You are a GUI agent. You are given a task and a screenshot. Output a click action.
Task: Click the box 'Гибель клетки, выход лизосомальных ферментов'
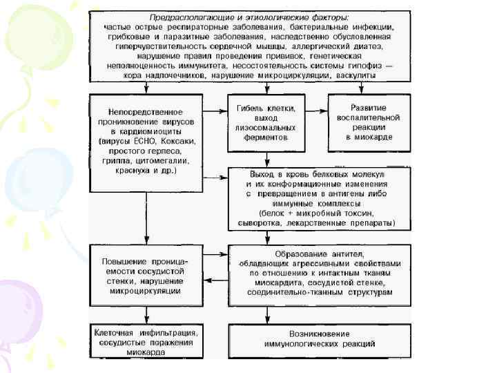pos(265,122)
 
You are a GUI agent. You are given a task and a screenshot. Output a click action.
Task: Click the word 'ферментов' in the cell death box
pos(265,137)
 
